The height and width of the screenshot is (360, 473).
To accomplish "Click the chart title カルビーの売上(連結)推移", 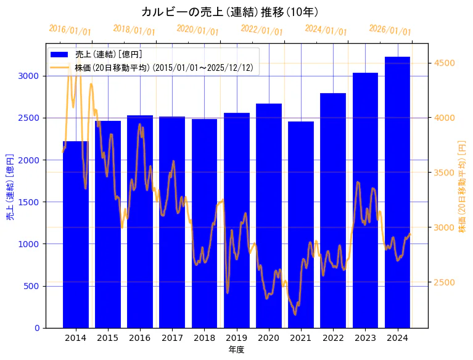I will pyautogui.click(x=229, y=12).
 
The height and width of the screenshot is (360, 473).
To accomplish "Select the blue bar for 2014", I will pyautogui.click(x=76, y=247).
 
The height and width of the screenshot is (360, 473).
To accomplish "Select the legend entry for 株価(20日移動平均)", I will pyautogui.click(x=163, y=67).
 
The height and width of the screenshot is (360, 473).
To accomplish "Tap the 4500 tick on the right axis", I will pyautogui.click(x=445, y=63).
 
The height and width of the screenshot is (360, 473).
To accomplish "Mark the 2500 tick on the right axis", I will pyautogui.click(x=445, y=282).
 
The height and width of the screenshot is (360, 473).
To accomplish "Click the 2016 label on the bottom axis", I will pyautogui.click(x=140, y=338).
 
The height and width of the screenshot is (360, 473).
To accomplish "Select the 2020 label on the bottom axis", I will pyautogui.click(x=269, y=338).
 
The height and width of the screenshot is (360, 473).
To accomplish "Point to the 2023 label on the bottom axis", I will pyautogui.click(x=365, y=338).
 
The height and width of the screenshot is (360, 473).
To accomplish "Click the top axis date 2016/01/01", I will pyautogui.click(x=70, y=30).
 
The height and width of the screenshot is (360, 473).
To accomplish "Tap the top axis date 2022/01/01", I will pyautogui.click(x=261, y=30).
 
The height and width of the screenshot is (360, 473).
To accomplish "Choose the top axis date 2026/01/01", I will pyautogui.click(x=390, y=30).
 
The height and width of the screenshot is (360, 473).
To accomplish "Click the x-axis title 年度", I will pyautogui.click(x=236, y=350).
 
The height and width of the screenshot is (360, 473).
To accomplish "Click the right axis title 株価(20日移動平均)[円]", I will pyautogui.click(x=462, y=186).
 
